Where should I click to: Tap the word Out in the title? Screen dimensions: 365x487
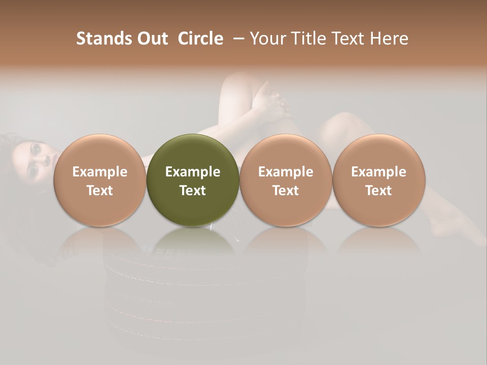(x=151, y=39)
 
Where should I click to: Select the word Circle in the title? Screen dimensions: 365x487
(x=200, y=39)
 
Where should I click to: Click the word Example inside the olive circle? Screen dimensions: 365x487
(x=193, y=172)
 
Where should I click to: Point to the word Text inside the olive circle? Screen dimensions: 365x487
(x=193, y=191)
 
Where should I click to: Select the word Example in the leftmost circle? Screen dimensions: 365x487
(x=99, y=172)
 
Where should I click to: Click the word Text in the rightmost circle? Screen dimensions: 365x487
(x=379, y=191)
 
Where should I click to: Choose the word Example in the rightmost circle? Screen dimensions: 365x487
(x=379, y=172)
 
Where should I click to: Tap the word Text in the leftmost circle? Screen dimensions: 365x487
(x=99, y=191)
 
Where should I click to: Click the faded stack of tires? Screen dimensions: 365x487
(x=203, y=294)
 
